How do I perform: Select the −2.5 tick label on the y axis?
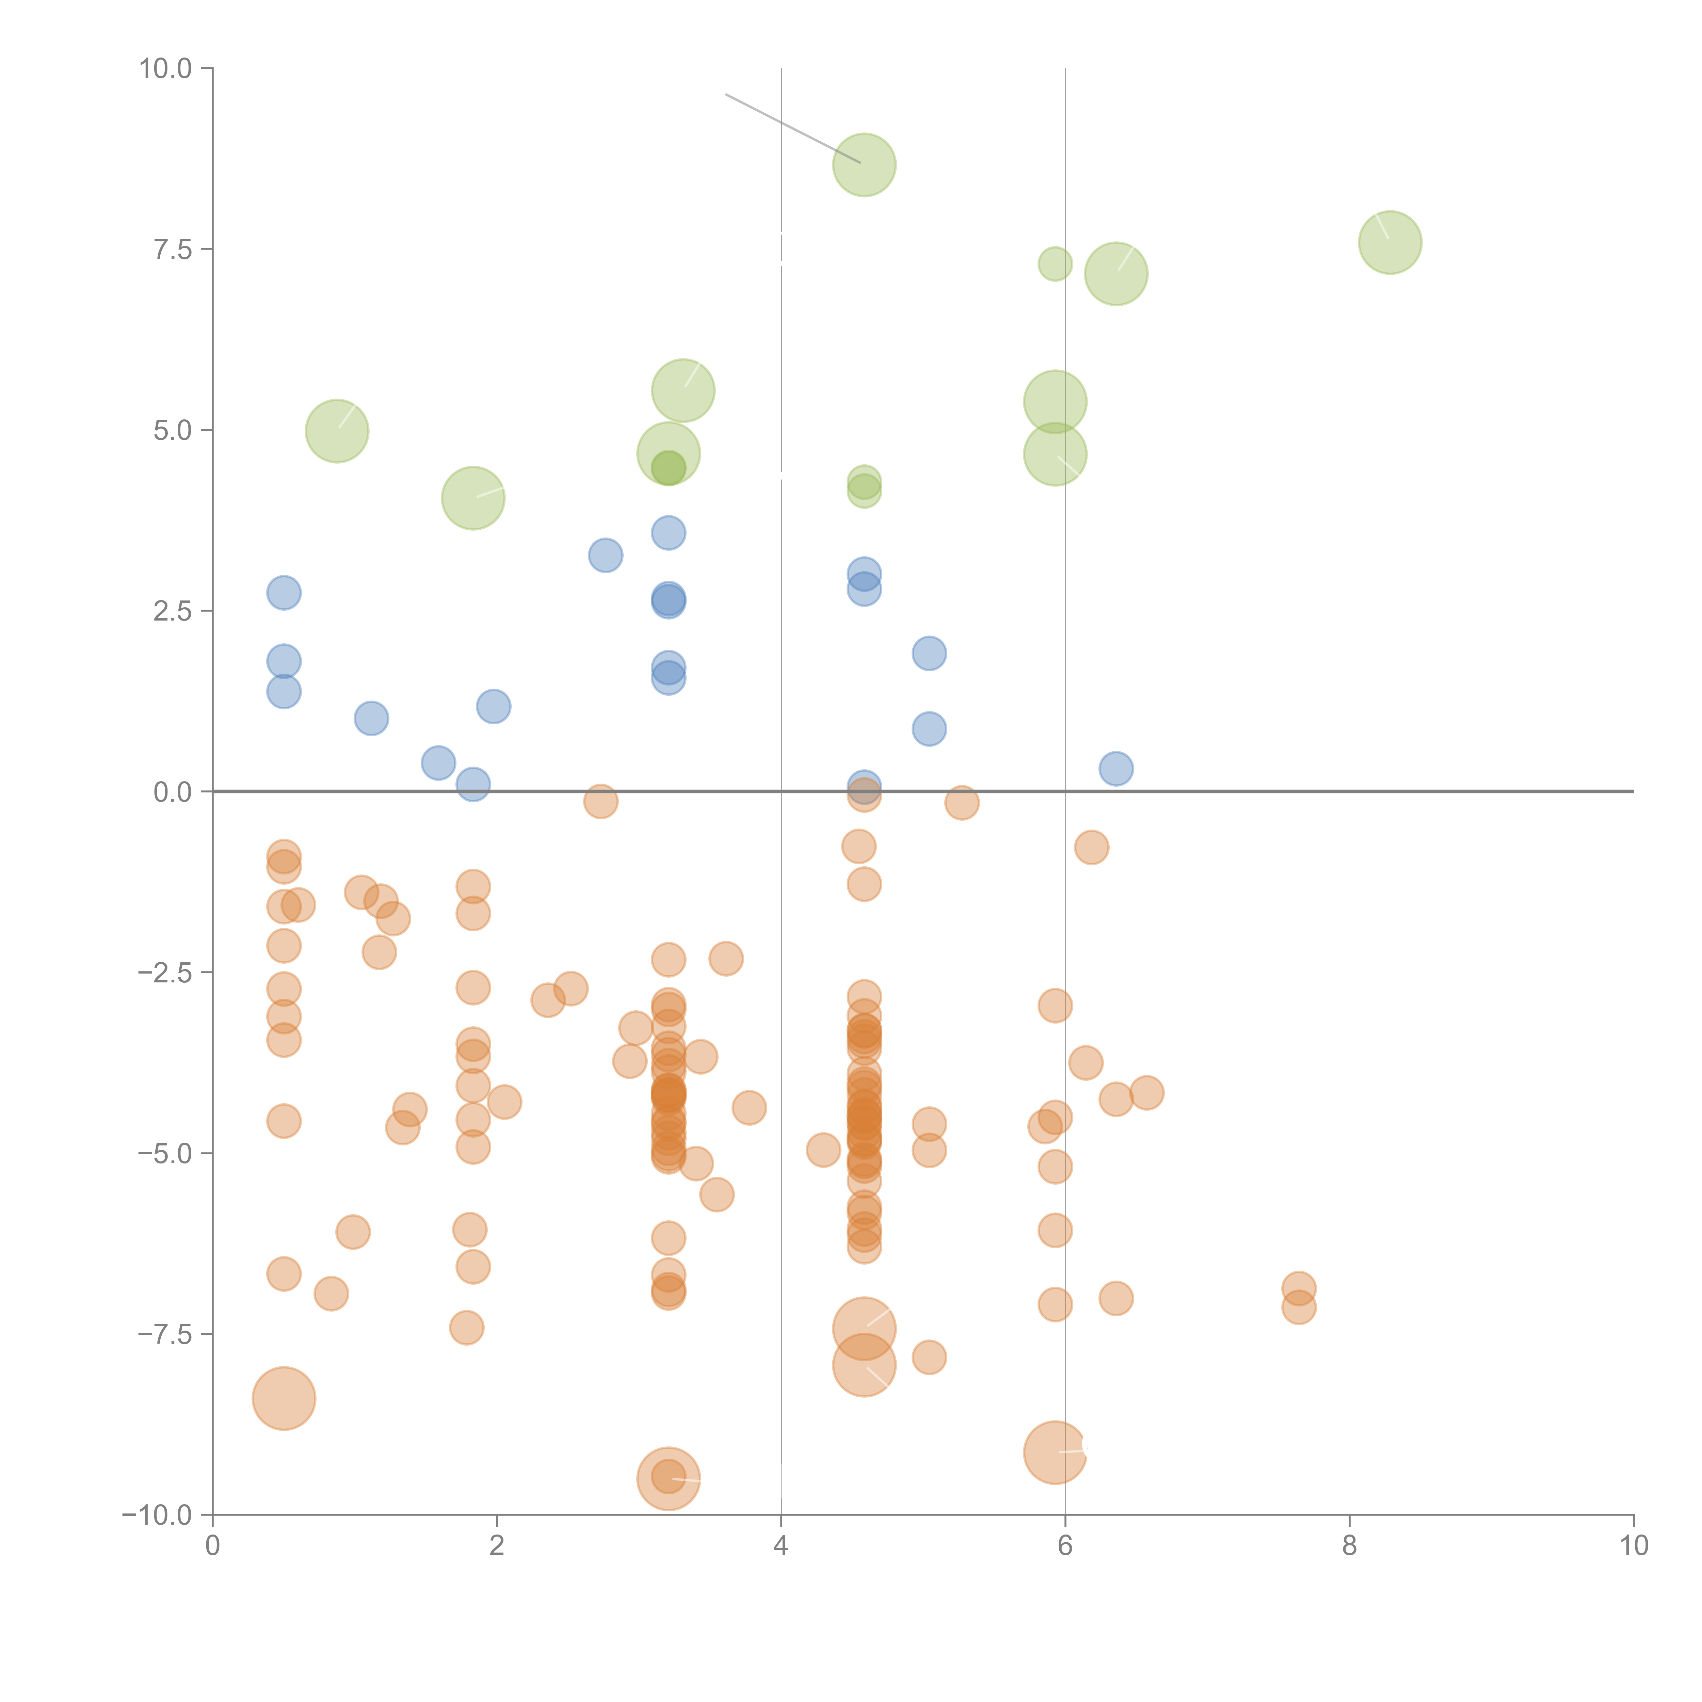coord(165,973)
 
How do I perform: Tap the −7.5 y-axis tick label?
coord(165,1335)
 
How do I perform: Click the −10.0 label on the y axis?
coord(157,1515)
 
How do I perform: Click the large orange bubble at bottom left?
coord(284,1398)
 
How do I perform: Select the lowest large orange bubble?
coord(669,1478)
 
